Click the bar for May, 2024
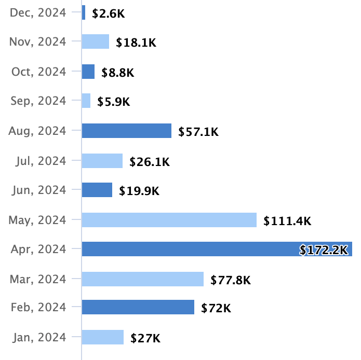tap(169, 220)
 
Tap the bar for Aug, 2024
tap(127, 131)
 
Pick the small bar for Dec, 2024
tap(84, 13)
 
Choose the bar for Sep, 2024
tap(86, 101)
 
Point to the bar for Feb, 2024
tap(138, 308)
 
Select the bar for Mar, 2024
tap(143, 280)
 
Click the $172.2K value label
tap(323, 251)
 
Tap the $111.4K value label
tap(287, 221)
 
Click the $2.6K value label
tap(109, 14)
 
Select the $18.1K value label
tap(136, 43)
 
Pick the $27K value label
tap(145, 339)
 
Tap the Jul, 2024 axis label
tap(40, 161)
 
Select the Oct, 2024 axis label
tap(39, 72)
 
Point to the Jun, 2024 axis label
tap(39, 190)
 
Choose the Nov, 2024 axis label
tap(38, 42)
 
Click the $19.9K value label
tap(139, 191)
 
